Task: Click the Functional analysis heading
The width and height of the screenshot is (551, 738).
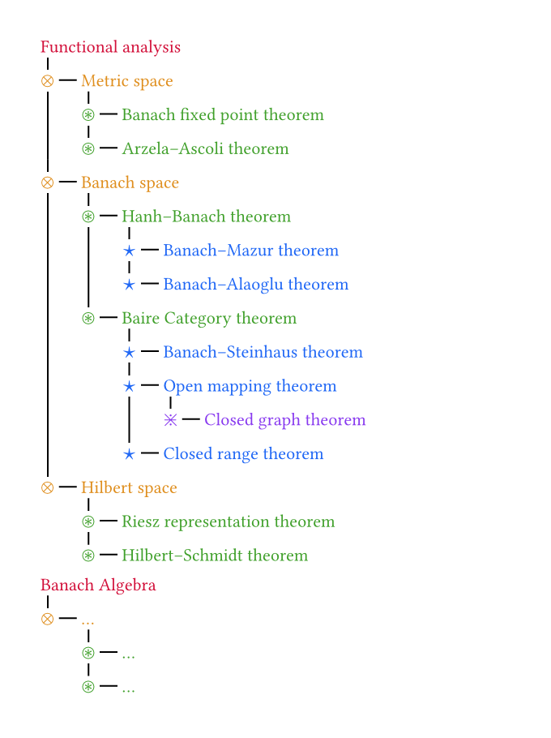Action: click(x=110, y=47)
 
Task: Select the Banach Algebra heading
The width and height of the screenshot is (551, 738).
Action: click(x=98, y=585)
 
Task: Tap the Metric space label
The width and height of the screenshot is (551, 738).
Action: click(x=126, y=81)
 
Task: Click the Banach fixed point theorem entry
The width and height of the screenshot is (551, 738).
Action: click(x=222, y=115)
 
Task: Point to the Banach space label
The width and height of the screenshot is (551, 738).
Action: click(x=130, y=182)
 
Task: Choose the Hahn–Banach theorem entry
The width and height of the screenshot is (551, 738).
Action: click(x=206, y=217)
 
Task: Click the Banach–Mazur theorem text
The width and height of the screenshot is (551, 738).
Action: click(x=250, y=251)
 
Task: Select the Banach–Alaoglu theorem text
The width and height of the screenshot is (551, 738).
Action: click(x=255, y=285)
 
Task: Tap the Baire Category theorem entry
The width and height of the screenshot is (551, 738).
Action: click(x=209, y=319)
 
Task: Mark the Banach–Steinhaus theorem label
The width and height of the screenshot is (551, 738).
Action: click(x=263, y=352)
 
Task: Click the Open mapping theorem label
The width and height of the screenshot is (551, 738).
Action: click(x=250, y=386)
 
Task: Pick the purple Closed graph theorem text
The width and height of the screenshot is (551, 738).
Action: click(x=284, y=420)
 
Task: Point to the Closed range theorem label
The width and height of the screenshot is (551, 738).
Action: click(x=243, y=454)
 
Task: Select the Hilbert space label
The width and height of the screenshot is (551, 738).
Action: click(x=129, y=487)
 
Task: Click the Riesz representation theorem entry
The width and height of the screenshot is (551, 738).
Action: click(x=228, y=521)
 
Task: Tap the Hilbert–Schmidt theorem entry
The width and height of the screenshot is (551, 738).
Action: click(x=215, y=556)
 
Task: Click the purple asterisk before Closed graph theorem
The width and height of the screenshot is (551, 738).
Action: click(x=170, y=420)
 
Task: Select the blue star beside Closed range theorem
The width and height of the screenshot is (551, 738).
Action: click(x=129, y=454)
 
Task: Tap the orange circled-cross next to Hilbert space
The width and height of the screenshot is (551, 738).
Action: click(x=47, y=487)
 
